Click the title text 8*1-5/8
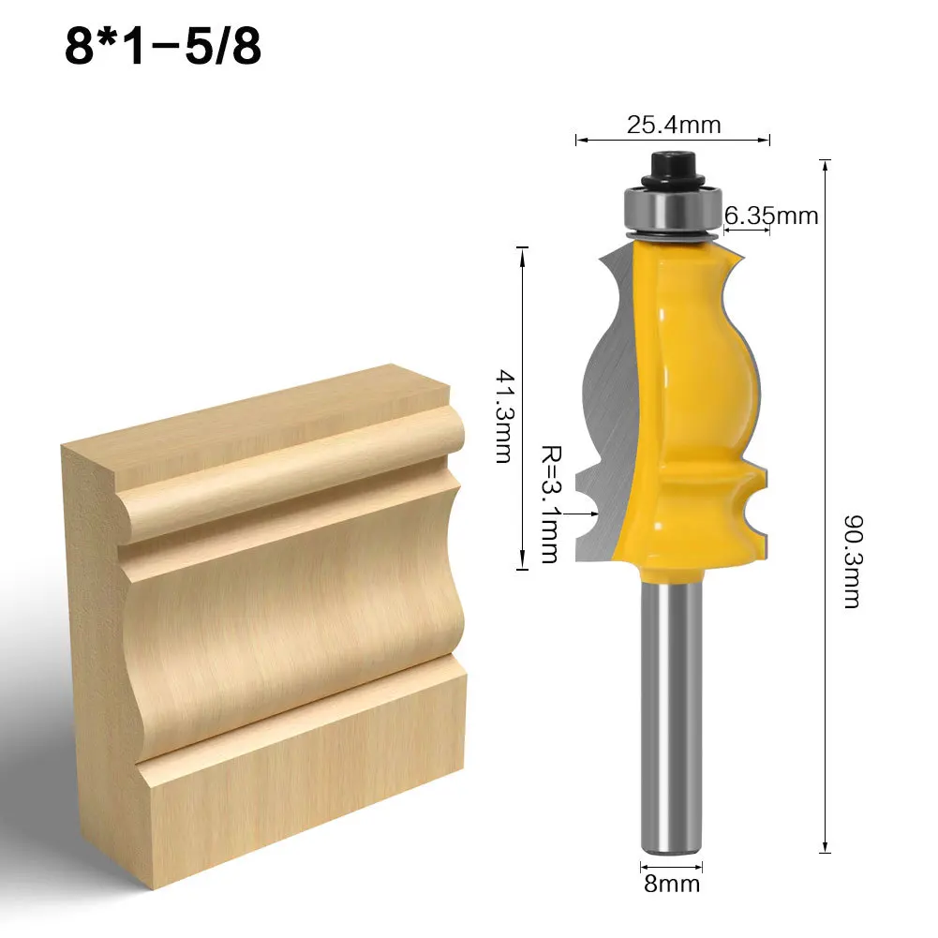(162, 47)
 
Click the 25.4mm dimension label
(672, 124)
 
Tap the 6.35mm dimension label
(771, 216)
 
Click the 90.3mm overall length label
(851, 559)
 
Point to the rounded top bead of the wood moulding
(290, 469)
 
